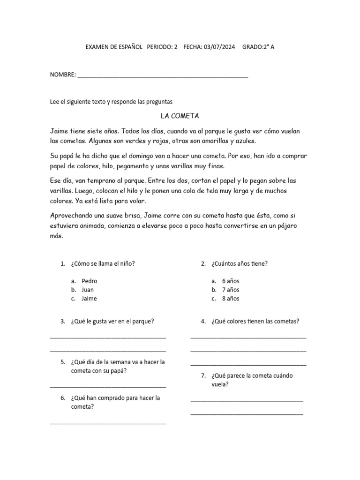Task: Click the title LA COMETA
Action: (180, 116)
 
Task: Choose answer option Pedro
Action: (89, 281)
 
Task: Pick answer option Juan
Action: (88, 290)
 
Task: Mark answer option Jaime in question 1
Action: (89, 299)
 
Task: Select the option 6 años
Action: (231, 281)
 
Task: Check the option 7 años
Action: (231, 290)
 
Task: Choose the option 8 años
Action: (231, 299)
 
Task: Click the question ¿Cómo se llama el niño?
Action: (103, 263)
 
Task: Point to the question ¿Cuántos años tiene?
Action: (239, 263)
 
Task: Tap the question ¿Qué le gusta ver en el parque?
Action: (112, 321)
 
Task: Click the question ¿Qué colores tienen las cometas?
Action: (255, 321)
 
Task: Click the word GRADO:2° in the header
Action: (255, 47)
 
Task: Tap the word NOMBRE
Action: (62, 75)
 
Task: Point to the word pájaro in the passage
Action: (283, 226)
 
